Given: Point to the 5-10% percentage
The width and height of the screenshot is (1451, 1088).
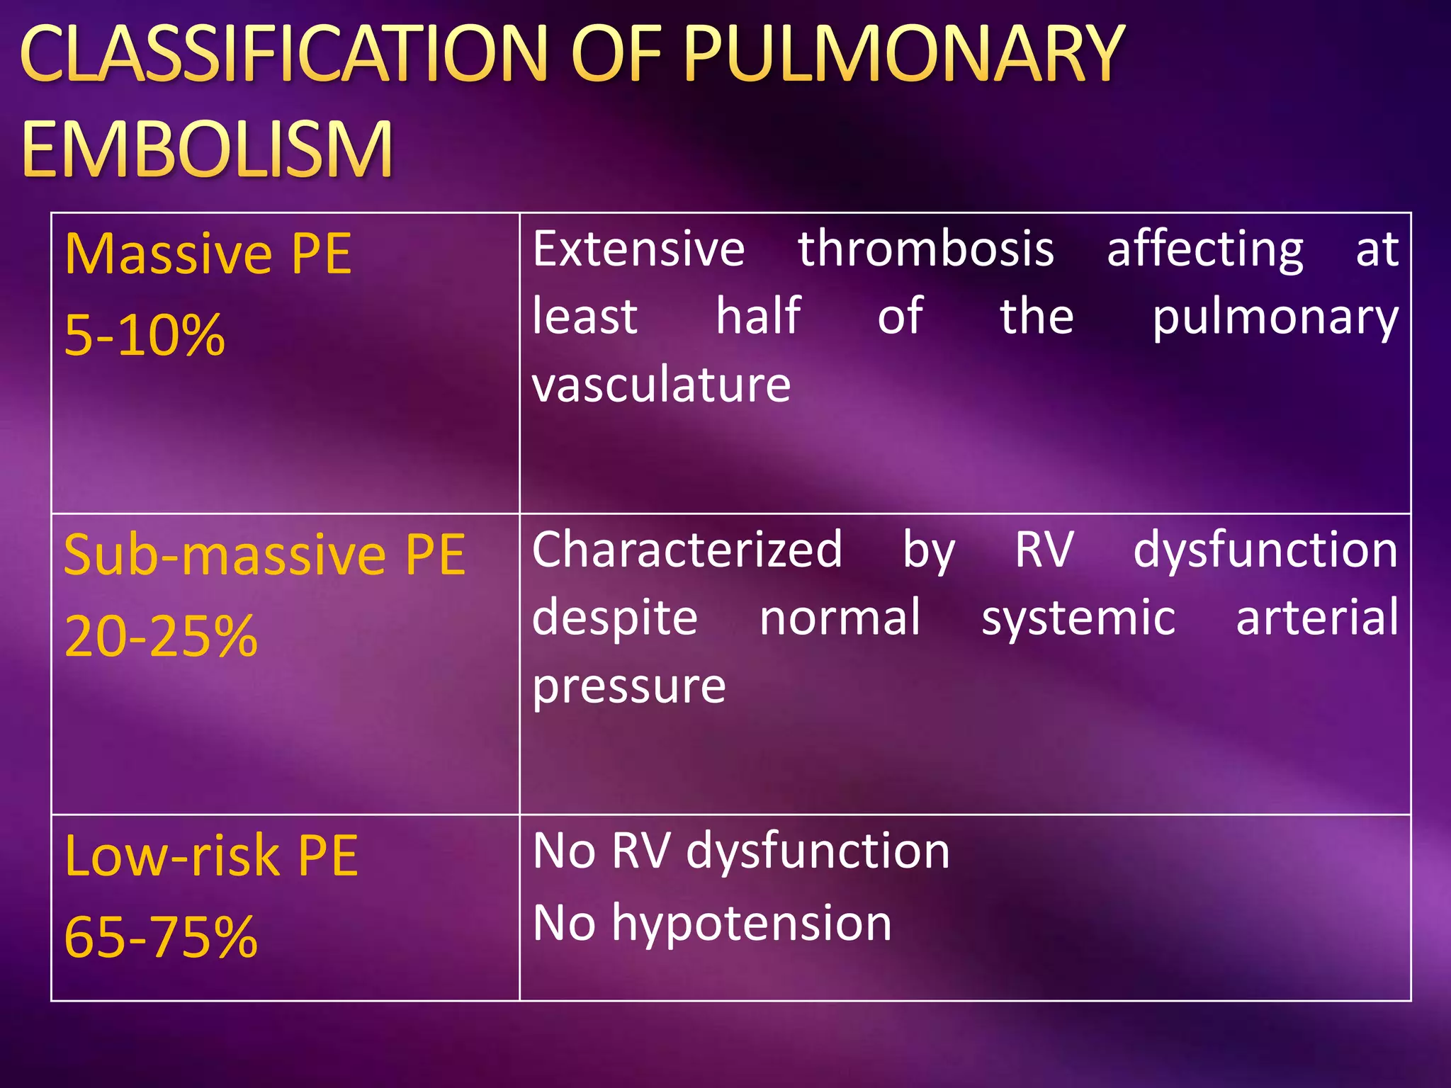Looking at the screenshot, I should [x=145, y=335].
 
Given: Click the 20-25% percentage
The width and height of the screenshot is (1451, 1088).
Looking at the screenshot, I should [x=161, y=636].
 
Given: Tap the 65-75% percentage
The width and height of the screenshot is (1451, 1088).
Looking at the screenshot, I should [x=161, y=937].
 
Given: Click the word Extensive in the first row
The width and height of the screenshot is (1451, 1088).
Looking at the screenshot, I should [x=638, y=249].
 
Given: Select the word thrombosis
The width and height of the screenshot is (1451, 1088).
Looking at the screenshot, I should [x=926, y=249].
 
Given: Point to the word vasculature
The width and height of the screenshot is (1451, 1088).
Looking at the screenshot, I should [x=661, y=385].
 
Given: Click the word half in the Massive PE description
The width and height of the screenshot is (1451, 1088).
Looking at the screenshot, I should [x=758, y=316].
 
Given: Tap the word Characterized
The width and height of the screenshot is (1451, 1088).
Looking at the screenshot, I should [x=687, y=550].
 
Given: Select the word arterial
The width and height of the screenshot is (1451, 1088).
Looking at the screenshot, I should [x=1317, y=618].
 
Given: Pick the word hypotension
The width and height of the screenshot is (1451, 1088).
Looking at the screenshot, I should [x=752, y=924].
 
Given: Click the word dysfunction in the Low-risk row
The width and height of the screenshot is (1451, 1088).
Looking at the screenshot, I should [x=818, y=852].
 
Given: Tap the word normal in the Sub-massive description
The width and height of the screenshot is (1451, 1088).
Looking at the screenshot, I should [x=840, y=618].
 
